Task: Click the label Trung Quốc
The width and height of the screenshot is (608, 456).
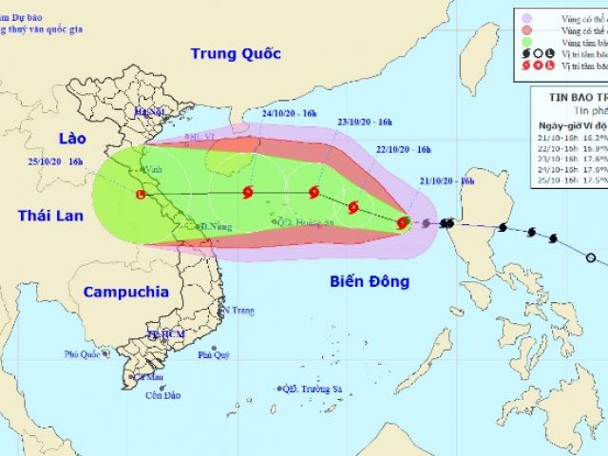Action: pyautogui.click(x=236, y=53)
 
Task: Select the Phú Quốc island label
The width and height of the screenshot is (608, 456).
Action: pyautogui.click(x=84, y=354)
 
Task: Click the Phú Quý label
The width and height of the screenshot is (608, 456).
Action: pyautogui.click(x=214, y=355)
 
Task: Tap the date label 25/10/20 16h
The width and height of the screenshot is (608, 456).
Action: pyautogui.click(x=54, y=161)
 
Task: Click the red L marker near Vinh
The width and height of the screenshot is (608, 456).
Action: pyautogui.click(x=141, y=195)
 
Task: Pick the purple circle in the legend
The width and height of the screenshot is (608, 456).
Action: pyautogui.click(x=525, y=17)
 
